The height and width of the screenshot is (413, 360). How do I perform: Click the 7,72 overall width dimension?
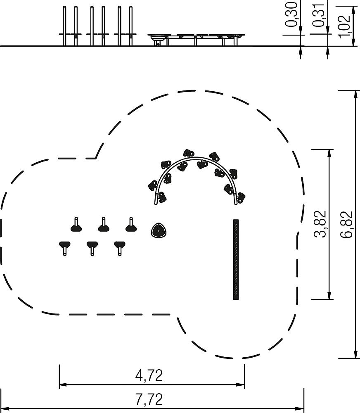click(149, 399)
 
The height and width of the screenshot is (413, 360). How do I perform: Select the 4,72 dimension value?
click(149, 375)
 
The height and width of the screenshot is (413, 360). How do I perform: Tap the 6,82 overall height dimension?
click(346, 224)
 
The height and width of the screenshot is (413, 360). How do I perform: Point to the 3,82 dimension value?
click(320, 224)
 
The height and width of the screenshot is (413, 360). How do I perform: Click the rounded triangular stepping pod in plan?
click(159, 230)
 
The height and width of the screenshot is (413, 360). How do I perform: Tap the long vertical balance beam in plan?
click(236, 259)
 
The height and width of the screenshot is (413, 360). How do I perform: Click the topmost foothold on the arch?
click(189, 153)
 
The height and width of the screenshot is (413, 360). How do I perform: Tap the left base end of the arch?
click(156, 203)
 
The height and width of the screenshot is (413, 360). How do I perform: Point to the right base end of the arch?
click(236, 203)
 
